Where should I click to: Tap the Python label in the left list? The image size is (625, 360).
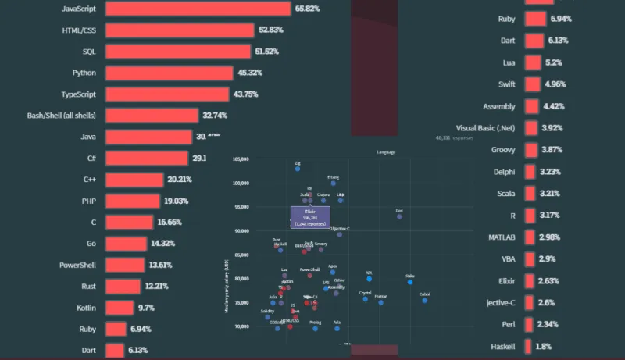click(84, 73)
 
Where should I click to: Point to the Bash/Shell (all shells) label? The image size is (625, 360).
click(61, 116)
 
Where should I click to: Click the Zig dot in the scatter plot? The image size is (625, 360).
click(298, 168)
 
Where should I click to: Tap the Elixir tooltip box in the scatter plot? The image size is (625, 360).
click(310, 217)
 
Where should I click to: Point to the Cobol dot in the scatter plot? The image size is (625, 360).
click(424, 300)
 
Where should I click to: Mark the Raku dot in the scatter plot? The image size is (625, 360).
click(410, 282)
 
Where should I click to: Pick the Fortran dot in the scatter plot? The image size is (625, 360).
click(380, 302)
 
